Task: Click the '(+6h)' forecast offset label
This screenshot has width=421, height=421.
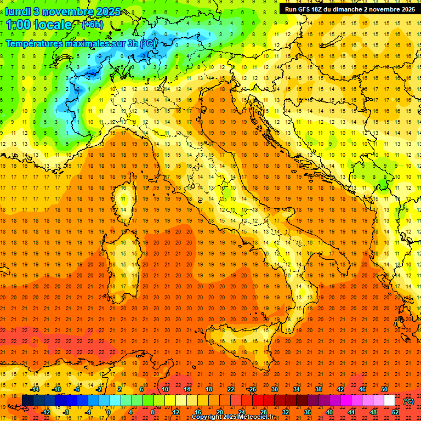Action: tap(92, 25)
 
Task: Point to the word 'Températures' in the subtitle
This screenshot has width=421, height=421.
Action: tap(37, 43)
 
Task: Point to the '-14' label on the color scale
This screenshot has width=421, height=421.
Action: tap(35, 389)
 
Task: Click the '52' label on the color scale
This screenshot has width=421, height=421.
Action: tap(395, 412)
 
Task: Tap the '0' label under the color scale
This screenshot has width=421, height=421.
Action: tap(109, 412)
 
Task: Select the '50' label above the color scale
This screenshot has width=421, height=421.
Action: tap(384, 389)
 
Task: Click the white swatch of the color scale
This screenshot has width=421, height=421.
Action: tap(389, 400)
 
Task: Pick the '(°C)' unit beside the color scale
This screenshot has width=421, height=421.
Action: tap(408, 401)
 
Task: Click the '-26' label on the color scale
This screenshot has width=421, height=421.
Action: tap(252, 389)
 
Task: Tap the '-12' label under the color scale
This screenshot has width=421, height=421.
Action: tap(46, 412)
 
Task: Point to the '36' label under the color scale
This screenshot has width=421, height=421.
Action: tap(307, 412)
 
